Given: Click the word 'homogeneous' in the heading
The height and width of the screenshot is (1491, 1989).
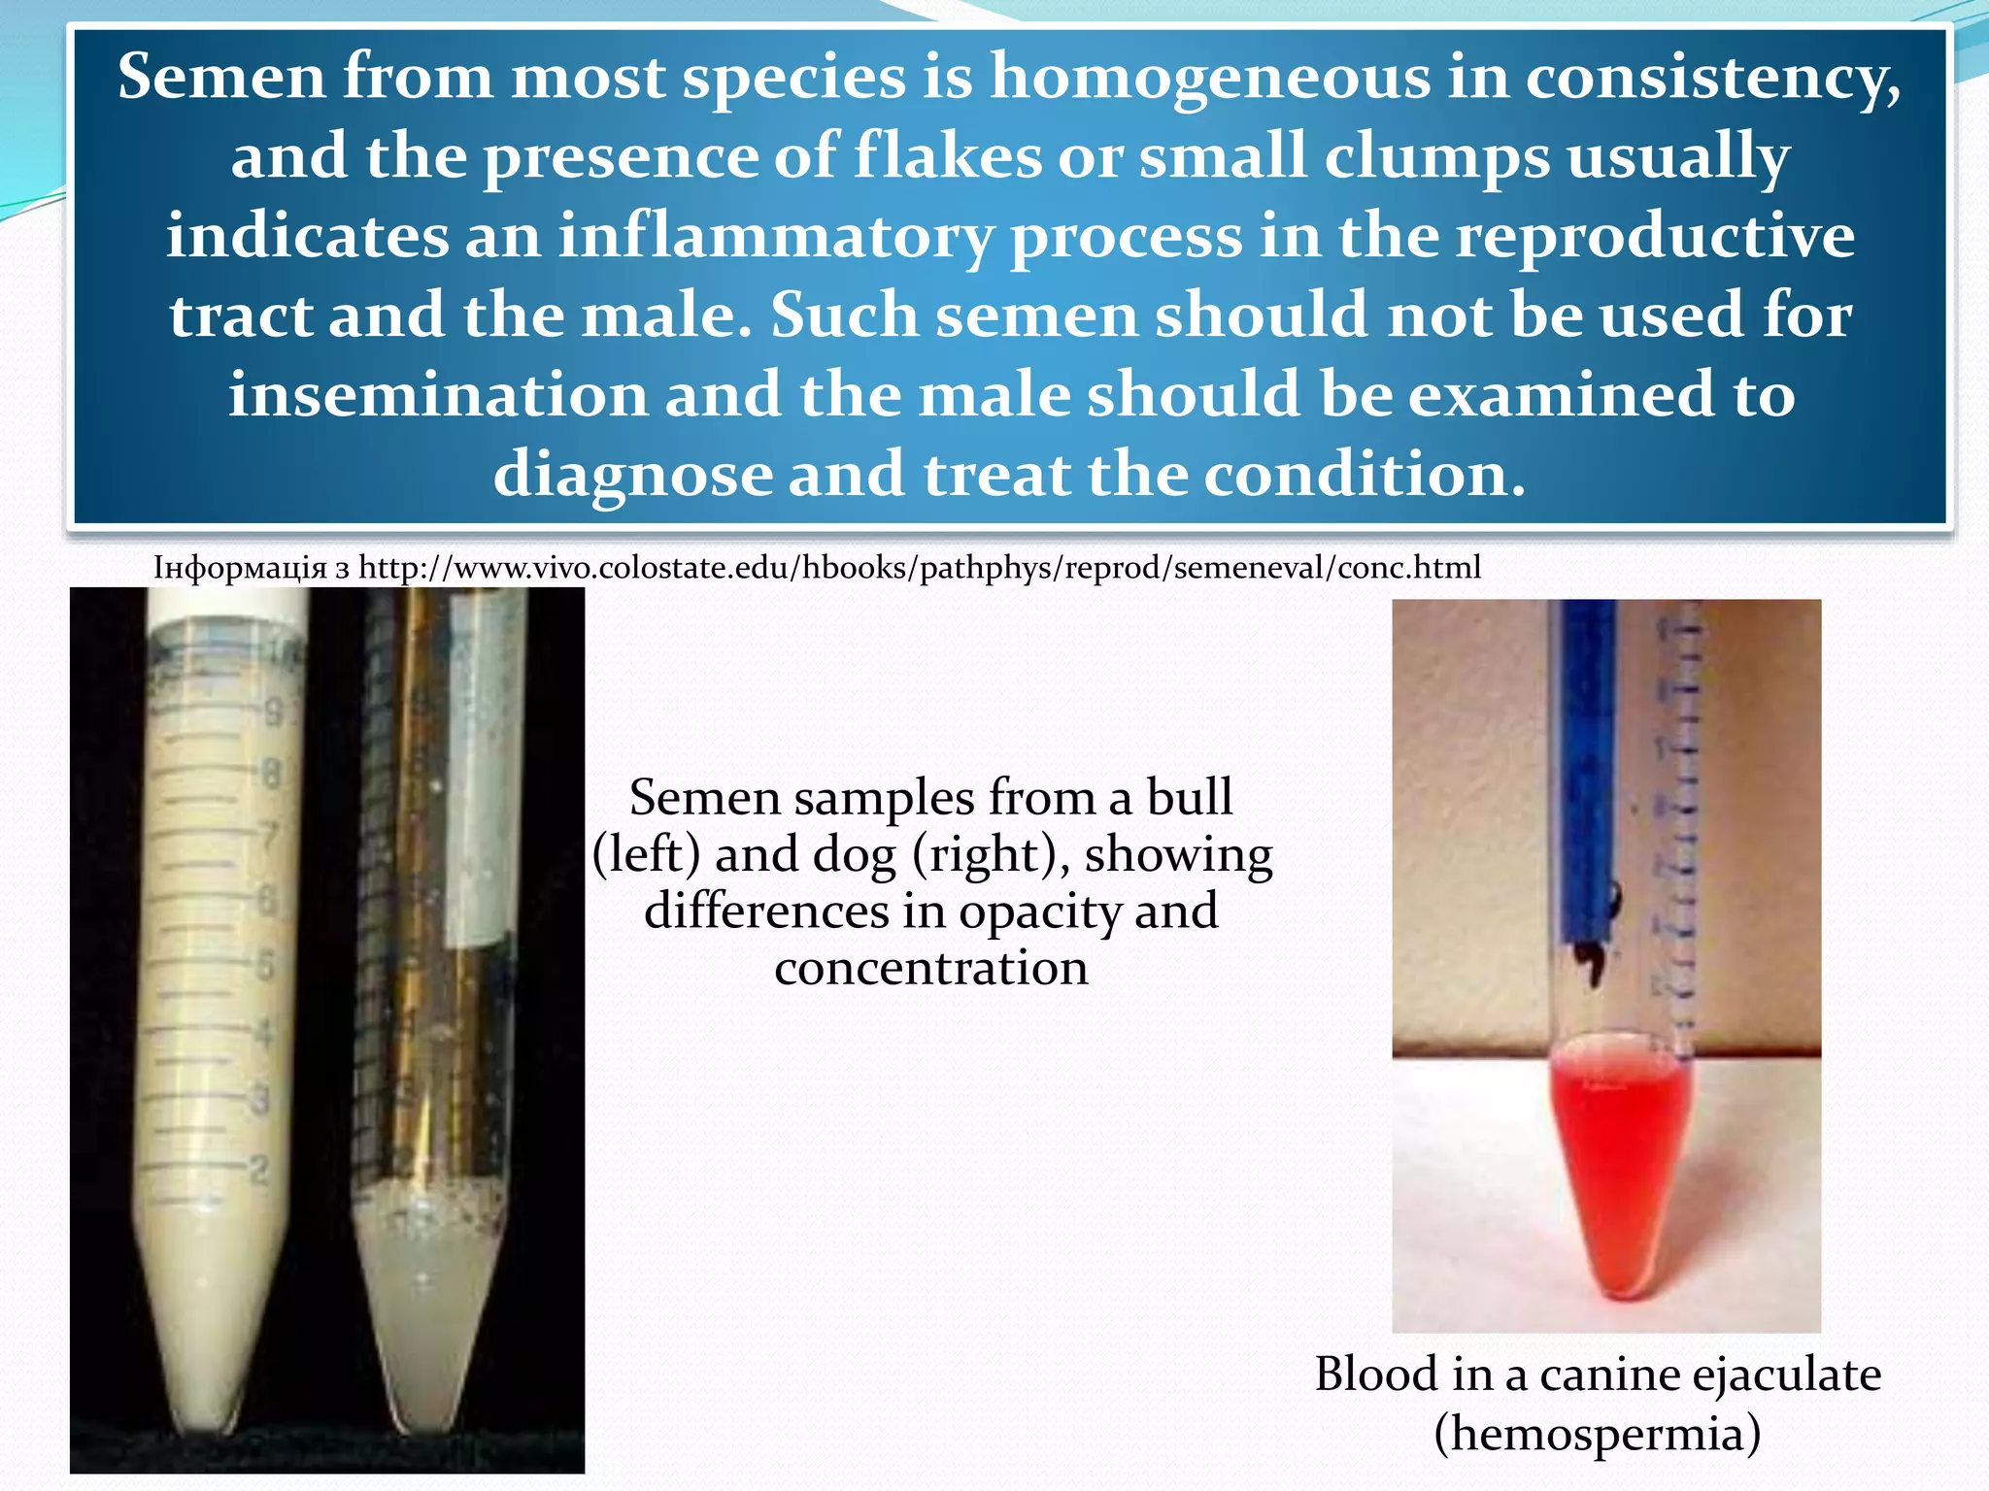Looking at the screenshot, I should pos(1209,78).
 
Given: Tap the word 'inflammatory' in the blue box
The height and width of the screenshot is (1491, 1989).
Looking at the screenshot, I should pos(776,237).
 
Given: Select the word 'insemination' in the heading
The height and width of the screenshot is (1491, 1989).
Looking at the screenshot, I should pos(438,395).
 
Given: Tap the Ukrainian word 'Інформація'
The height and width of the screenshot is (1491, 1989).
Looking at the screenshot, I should pos(240,567).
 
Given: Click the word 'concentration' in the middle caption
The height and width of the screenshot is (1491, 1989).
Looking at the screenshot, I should pos(930,968).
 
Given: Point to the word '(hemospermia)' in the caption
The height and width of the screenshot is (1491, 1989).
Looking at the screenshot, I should pos(1597,1433).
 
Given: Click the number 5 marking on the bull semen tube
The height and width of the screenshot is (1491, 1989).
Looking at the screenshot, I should pos(265,967).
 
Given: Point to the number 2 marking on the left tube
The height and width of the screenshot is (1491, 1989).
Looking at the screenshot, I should pos(258,1170).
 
